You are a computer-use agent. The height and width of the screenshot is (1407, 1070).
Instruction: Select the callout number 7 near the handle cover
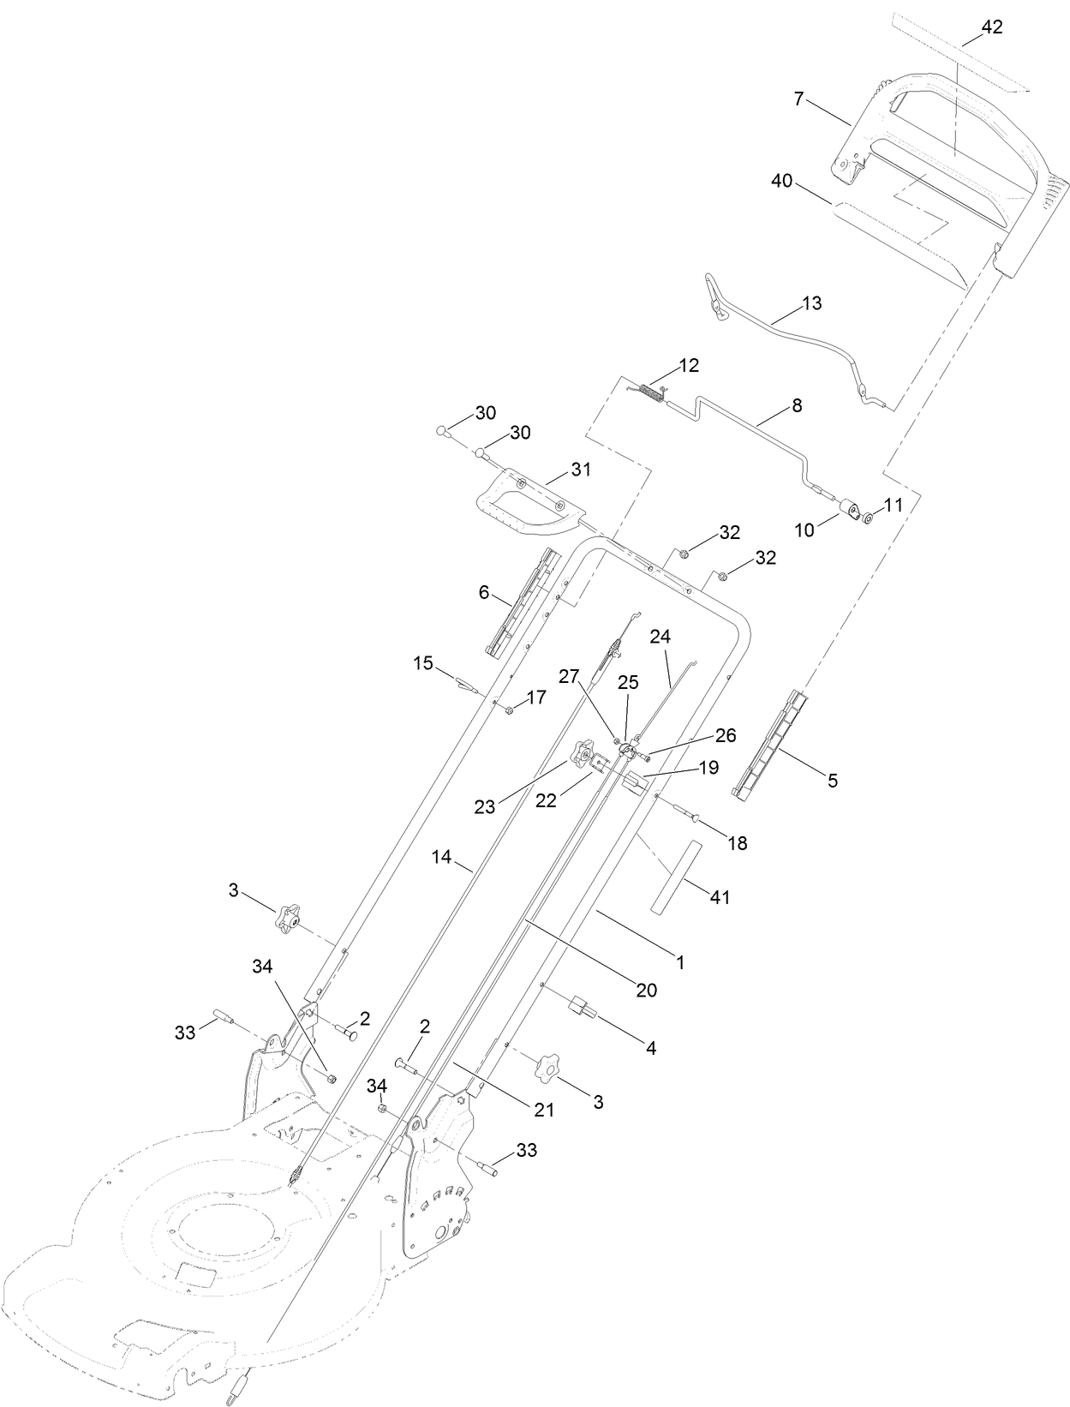[798, 99]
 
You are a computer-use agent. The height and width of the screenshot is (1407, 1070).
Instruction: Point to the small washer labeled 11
[868, 517]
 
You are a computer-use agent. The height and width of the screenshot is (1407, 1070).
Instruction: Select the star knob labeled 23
[583, 755]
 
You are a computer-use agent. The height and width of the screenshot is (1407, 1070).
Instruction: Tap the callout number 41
[720, 897]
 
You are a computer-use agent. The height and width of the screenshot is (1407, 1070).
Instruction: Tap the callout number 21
[545, 1110]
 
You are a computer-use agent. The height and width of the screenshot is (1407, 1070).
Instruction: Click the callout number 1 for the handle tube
[681, 962]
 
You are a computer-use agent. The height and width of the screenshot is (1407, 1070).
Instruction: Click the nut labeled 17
[510, 710]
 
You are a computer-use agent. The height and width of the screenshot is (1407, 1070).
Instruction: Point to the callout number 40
[781, 181]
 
